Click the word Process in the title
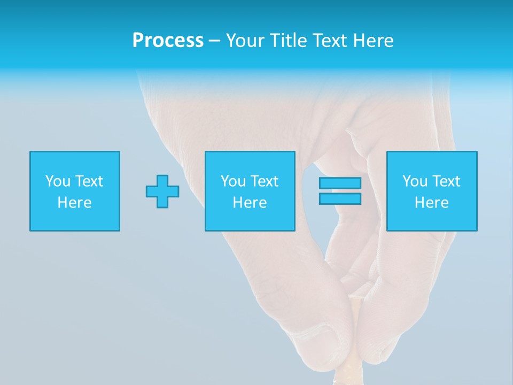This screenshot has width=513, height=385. (x=168, y=41)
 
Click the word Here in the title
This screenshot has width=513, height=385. (x=374, y=41)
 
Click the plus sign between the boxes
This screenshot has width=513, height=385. (x=162, y=191)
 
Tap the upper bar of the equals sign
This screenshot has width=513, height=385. (x=340, y=183)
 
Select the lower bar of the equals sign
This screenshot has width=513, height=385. (x=340, y=199)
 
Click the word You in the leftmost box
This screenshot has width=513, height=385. (x=58, y=181)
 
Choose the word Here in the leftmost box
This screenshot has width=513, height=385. (x=74, y=203)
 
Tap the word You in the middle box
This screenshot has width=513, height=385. (x=233, y=181)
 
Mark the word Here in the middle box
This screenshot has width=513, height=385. (x=250, y=203)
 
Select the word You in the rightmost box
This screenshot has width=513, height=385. (x=415, y=181)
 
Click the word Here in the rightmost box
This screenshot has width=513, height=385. (x=431, y=203)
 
